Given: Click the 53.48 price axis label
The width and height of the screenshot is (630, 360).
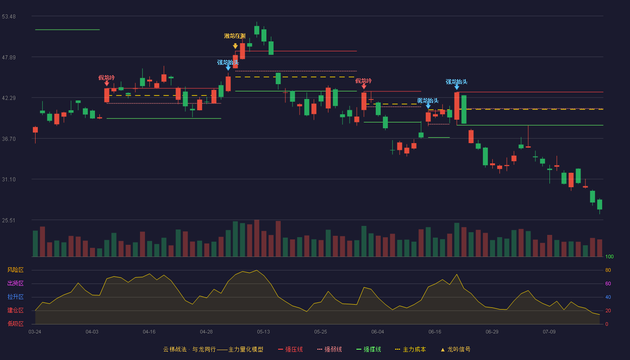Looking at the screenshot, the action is [x=9, y=17].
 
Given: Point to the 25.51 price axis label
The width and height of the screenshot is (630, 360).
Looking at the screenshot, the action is [x=9, y=220].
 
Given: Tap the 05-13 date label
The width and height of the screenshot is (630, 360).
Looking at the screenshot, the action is [x=263, y=332].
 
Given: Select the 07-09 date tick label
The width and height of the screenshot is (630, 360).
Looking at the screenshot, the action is [x=549, y=332].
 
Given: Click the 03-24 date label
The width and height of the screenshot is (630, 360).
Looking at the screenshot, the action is [x=35, y=332].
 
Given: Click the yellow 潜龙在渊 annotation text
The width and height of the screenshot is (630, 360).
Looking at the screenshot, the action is [x=235, y=36].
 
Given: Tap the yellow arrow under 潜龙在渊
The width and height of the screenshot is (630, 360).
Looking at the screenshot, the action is [x=235, y=46].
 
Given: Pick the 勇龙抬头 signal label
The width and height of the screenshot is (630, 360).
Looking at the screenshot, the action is [x=428, y=101].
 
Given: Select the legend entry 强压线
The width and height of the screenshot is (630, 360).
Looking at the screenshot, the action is [x=291, y=349].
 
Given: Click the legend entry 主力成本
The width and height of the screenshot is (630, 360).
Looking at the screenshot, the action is [x=410, y=349].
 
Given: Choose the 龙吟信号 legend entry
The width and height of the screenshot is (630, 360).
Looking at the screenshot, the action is [x=455, y=349].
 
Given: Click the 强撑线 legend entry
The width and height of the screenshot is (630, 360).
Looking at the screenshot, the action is [x=369, y=349].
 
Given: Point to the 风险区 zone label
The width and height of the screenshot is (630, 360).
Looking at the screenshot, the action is [x=15, y=270].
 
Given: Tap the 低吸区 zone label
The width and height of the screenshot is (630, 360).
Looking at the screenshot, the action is [x=15, y=324].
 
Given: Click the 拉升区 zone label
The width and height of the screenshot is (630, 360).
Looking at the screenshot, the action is [x=15, y=297].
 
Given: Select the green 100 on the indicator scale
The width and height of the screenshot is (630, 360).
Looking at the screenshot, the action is [x=609, y=256].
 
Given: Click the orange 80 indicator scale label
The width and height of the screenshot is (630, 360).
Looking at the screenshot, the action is [x=608, y=270].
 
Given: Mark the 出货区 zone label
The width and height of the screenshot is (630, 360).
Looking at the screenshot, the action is [x=15, y=283].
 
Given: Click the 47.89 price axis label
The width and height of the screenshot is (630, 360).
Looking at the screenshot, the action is [x=9, y=58].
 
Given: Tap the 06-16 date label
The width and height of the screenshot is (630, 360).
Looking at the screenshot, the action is [x=435, y=332].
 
